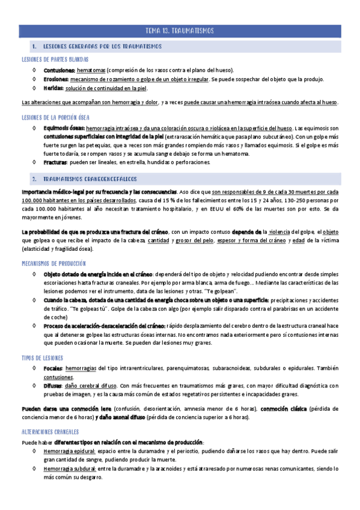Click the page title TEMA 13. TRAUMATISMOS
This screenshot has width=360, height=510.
pyautogui.click(x=180, y=30)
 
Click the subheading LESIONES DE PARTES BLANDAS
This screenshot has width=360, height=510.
pyautogui.click(x=55, y=59)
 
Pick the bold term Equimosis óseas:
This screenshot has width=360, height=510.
pyautogui.click(x=64, y=128)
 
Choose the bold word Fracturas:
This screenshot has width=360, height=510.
pyautogui.click(x=57, y=162)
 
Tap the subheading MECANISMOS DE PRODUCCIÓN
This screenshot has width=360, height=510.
pyautogui.click(x=53, y=263)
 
